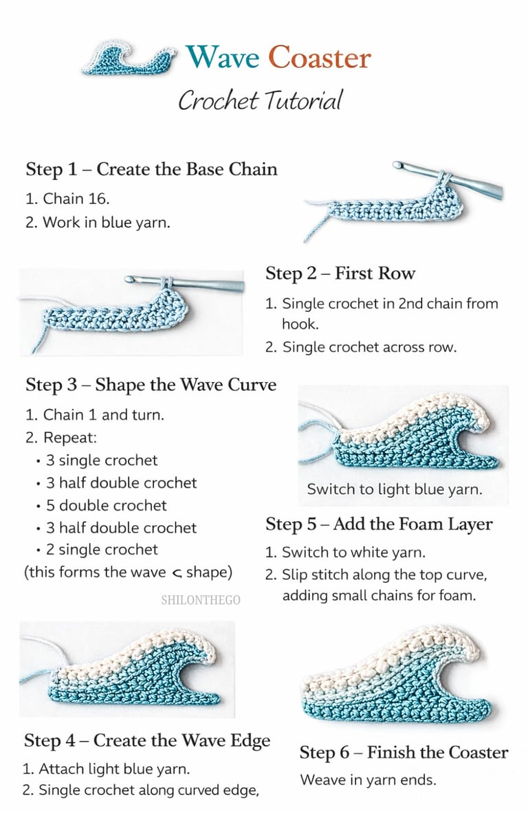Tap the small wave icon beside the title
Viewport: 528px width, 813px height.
(x=129, y=58)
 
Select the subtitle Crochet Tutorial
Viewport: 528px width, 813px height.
(x=260, y=100)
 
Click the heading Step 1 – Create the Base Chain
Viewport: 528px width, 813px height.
(x=151, y=169)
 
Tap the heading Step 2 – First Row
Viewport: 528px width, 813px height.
(x=340, y=274)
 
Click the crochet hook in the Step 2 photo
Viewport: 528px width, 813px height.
(x=186, y=282)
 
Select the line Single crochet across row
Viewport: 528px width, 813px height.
(x=361, y=347)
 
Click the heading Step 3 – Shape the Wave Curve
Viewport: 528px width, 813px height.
(x=151, y=384)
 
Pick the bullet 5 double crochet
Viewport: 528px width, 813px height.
(x=106, y=506)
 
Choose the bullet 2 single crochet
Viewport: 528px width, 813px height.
(x=101, y=550)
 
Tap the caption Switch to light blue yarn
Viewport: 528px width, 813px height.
(x=394, y=490)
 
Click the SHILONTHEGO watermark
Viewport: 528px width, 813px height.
(x=201, y=600)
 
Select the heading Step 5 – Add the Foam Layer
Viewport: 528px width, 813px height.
(x=379, y=524)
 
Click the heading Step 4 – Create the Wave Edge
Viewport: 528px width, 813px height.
(x=147, y=740)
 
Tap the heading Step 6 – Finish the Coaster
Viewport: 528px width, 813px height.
(x=404, y=753)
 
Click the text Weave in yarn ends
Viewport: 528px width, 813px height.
(x=368, y=781)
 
